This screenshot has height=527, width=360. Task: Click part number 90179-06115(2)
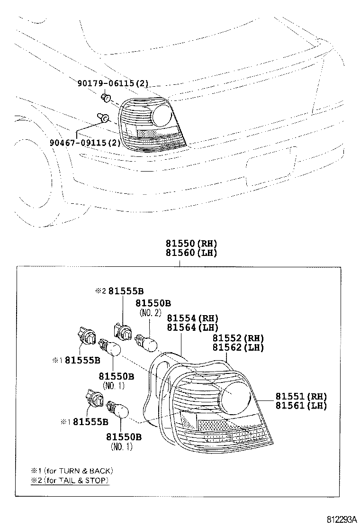click(x=113, y=84)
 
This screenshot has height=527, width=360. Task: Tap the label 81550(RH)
click(x=191, y=244)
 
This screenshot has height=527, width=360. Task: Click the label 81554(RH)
click(x=192, y=318)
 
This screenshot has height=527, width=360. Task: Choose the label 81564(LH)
click(x=192, y=327)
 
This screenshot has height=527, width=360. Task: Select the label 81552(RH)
click(x=238, y=338)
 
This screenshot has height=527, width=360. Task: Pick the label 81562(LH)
click(x=238, y=347)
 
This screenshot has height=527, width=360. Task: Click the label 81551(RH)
click(x=302, y=396)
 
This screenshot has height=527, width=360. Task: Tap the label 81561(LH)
click(x=302, y=405)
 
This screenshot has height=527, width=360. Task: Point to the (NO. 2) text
click(x=150, y=313)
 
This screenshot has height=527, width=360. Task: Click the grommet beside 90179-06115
click(x=106, y=98)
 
